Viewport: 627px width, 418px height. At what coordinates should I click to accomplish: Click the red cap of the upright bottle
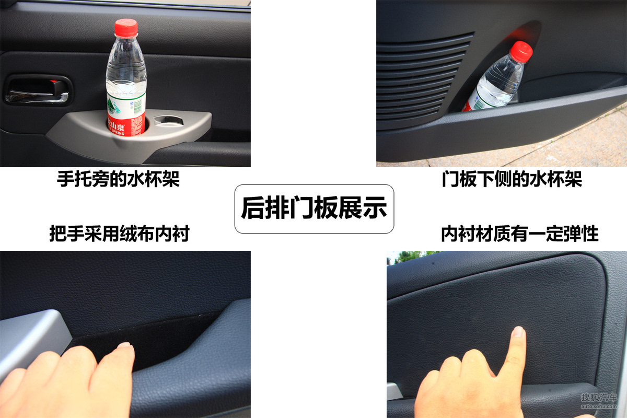[x=126, y=28]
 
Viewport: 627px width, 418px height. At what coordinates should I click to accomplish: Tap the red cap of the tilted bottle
[x=521, y=52]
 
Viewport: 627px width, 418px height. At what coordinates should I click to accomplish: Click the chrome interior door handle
[x=37, y=96]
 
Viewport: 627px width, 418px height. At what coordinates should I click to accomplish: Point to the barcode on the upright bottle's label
[x=137, y=107]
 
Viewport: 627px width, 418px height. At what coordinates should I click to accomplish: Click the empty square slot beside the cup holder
[x=169, y=120]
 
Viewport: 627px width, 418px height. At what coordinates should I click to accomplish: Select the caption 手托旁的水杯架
[x=118, y=179]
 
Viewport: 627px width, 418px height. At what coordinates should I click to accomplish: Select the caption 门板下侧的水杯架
[x=512, y=179]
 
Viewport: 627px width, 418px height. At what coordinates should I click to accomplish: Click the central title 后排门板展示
[x=314, y=208]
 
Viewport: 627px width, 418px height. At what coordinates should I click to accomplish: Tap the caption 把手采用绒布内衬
[x=120, y=234]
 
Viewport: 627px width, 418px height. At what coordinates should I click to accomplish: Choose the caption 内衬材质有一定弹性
[x=520, y=234]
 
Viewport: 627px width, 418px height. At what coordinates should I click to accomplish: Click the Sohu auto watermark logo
[x=599, y=401]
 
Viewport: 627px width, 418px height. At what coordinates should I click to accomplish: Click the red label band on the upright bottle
[x=126, y=126]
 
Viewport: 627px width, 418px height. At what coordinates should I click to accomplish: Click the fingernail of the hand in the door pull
[x=124, y=345]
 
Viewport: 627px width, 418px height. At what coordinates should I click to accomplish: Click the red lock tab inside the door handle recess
[x=55, y=82]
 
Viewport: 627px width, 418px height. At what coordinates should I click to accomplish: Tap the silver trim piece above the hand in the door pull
[x=32, y=336]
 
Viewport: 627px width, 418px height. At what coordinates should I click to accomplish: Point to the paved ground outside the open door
[x=560, y=146]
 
